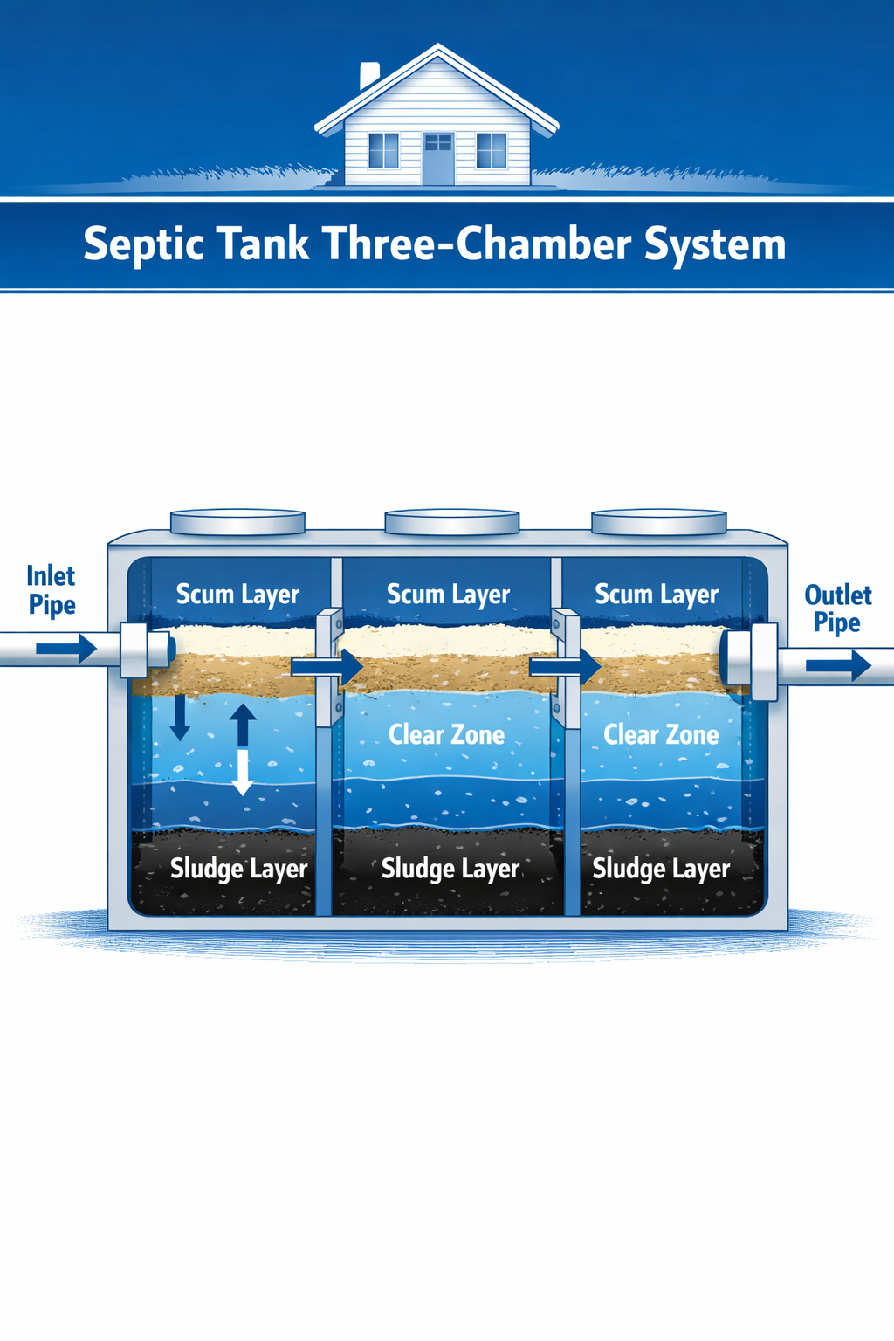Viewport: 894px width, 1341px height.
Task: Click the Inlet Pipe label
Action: [x=52, y=591]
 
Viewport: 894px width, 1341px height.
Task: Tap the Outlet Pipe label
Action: [x=837, y=609]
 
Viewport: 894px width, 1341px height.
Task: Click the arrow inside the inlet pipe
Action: [x=66, y=649]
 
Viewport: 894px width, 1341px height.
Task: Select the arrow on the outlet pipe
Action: [x=838, y=665]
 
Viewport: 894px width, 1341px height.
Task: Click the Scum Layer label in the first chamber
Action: [x=237, y=595]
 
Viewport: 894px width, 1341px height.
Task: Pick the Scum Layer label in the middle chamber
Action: [x=448, y=595]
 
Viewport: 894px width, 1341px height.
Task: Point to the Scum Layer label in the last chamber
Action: [x=657, y=595]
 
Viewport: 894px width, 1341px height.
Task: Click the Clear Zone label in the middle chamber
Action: [x=446, y=735]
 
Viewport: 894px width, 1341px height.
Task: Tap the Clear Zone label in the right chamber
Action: [x=661, y=735]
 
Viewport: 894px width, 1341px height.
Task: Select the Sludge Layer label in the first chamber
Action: [x=238, y=869]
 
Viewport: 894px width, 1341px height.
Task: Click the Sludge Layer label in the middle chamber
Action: [x=450, y=869]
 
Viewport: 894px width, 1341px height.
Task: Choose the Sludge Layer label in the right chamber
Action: [x=661, y=869]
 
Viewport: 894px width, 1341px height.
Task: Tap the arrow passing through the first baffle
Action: [x=327, y=667]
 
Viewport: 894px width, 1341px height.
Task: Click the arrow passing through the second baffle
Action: [x=566, y=667]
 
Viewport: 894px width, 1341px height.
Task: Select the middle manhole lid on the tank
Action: [x=451, y=522]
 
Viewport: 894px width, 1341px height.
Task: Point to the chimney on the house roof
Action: [x=370, y=75]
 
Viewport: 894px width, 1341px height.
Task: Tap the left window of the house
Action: [x=383, y=150]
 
